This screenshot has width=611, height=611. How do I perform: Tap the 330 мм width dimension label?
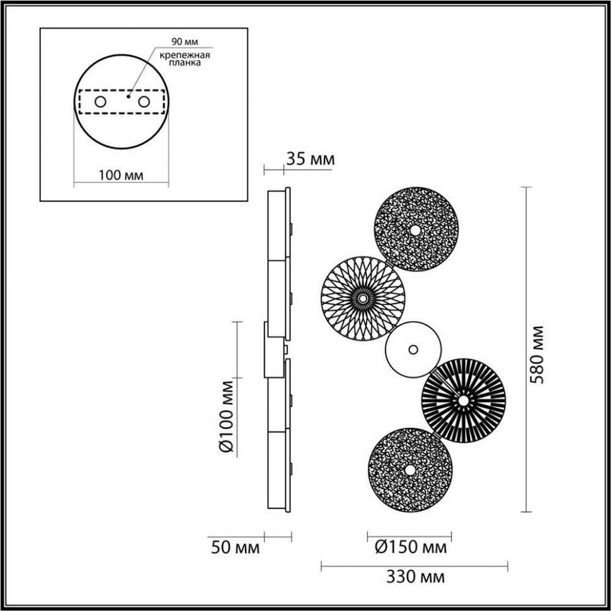(414, 577)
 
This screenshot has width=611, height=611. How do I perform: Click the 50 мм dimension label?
(234, 548)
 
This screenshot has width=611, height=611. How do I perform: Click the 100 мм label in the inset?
(122, 174)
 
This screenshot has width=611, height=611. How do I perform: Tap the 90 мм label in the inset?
(184, 42)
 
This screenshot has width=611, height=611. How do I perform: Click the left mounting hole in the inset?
(100, 101)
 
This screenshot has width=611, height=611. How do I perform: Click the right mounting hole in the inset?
(144, 101)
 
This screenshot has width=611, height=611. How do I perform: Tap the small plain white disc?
(413, 349)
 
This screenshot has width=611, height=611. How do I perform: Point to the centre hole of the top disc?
(416, 231)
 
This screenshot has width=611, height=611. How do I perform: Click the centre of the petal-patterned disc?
(363, 297)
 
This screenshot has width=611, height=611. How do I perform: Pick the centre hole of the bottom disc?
(410, 470)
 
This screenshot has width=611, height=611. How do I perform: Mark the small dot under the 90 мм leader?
(127, 96)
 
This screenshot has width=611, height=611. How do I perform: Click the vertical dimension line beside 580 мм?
(527, 350)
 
